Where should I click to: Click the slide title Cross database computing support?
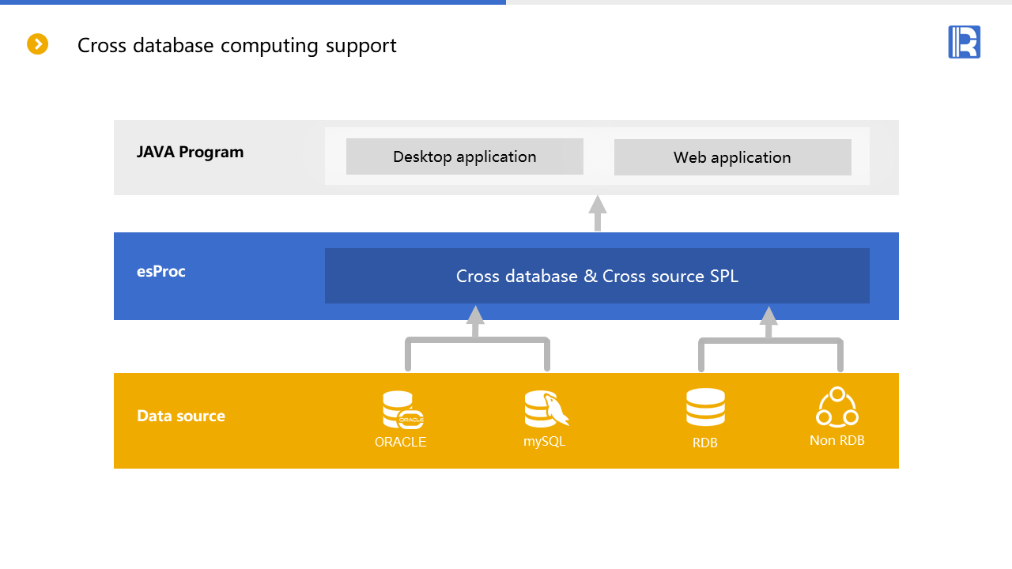tap(236, 46)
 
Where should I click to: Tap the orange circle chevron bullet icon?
tap(38, 44)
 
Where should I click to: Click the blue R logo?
tap(964, 42)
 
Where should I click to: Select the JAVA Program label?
tap(190, 152)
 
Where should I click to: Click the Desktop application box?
tap(465, 156)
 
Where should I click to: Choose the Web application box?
tap(732, 157)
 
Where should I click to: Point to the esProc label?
tap(161, 271)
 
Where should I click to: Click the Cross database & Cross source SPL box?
tap(597, 276)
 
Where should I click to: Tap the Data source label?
tap(181, 416)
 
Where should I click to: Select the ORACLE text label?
tap(401, 442)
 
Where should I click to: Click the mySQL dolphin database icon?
tap(546, 409)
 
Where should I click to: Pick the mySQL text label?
tap(544, 441)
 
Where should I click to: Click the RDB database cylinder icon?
tap(705, 408)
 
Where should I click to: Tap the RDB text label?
tap(705, 443)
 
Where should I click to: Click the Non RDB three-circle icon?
tap(837, 407)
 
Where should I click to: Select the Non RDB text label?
tap(837, 440)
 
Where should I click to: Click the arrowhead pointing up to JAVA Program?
tap(598, 205)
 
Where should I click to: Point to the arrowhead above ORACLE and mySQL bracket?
tap(475, 315)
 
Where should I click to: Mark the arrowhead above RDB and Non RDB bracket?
tap(768, 315)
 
